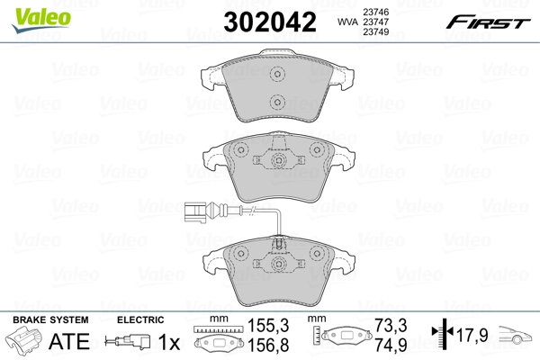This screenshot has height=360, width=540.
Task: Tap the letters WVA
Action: click(x=346, y=21)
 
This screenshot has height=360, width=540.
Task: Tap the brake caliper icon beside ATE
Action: click(x=27, y=342)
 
